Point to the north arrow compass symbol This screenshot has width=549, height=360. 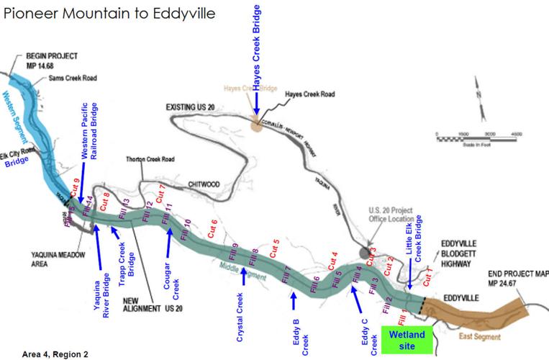click(476, 98)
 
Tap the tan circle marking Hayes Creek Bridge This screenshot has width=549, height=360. click(256, 125)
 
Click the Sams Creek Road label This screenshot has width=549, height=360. click(73, 78)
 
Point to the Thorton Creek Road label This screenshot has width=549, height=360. click(151, 159)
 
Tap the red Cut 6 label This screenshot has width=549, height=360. click(213, 227)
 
